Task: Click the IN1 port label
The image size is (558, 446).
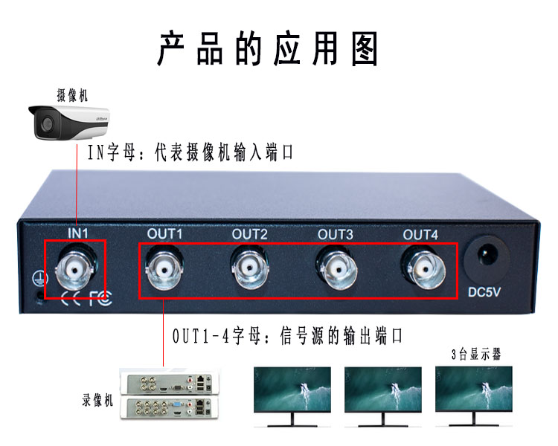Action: coord(79,233)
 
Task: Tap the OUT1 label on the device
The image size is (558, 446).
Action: coord(164,233)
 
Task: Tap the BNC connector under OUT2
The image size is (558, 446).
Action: coord(250,267)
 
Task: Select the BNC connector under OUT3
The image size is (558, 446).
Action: coord(336,267)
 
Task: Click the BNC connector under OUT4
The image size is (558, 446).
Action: coord(420,267)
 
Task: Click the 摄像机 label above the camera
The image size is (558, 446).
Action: coord(72,95)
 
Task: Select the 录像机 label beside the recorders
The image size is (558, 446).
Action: coord(98,400)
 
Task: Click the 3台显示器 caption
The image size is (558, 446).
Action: coord(477,355)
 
